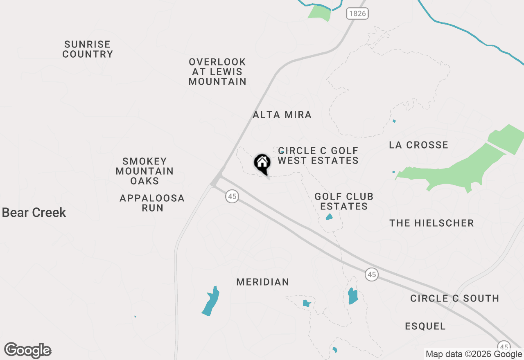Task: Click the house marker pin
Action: pyautogui.click(x=262, y=163)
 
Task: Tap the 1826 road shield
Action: pyautogui.click(x=357, y=13)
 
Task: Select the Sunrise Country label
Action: pyautogui.click(x=88, y=49)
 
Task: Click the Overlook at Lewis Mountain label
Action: pyautogui.click(x=217, y=72)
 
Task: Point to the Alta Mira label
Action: pyautogui.click(x=282, y=115)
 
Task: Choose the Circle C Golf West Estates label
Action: pyautogui.click(x=318, y=156)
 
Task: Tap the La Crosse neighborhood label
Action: pyautogui.click(x=418, y=145)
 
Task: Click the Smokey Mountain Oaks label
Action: pyautogui.click(x=145, y=171)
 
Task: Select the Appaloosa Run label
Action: pyautogui.click(x=152, y=203)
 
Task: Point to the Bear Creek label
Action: pyautogui.click(x=34, y=213)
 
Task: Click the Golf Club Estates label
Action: pyautogui.click(x=344, y=201)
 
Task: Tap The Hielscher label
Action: pyautogui.click(x=431, y=223)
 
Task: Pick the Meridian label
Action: pyautogui.click(x=263, y=282)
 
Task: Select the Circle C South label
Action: pyautogui.click(x=454, y=299)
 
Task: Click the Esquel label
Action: pyautogui.click(x=425, y=326)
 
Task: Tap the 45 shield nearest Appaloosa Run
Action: pyautogui.click(x=232, y=197)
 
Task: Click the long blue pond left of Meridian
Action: pyautogui.click(x=211, y=301)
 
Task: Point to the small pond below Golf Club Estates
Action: pyautogui.click(x=329, y=217)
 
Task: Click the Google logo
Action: pyautogui.click(x=28, y=351)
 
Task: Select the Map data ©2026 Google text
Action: pyautogui.click(x=474, y=354)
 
